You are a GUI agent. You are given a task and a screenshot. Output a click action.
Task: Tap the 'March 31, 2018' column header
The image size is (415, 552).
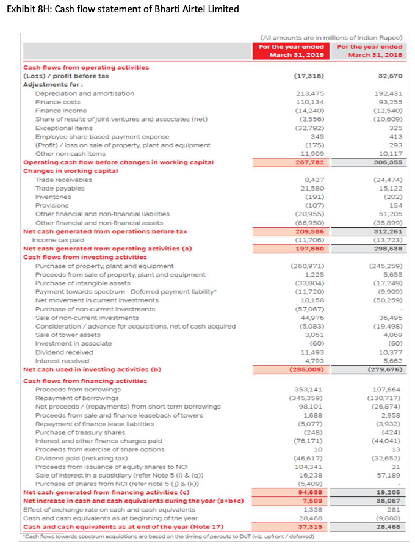(370, 52)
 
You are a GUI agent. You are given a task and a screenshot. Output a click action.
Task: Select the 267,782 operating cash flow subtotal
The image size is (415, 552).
(308, 162)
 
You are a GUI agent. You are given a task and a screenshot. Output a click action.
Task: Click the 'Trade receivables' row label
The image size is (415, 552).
(63, 180)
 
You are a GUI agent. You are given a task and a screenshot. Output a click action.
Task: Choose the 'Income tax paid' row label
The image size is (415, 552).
(60, 240)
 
